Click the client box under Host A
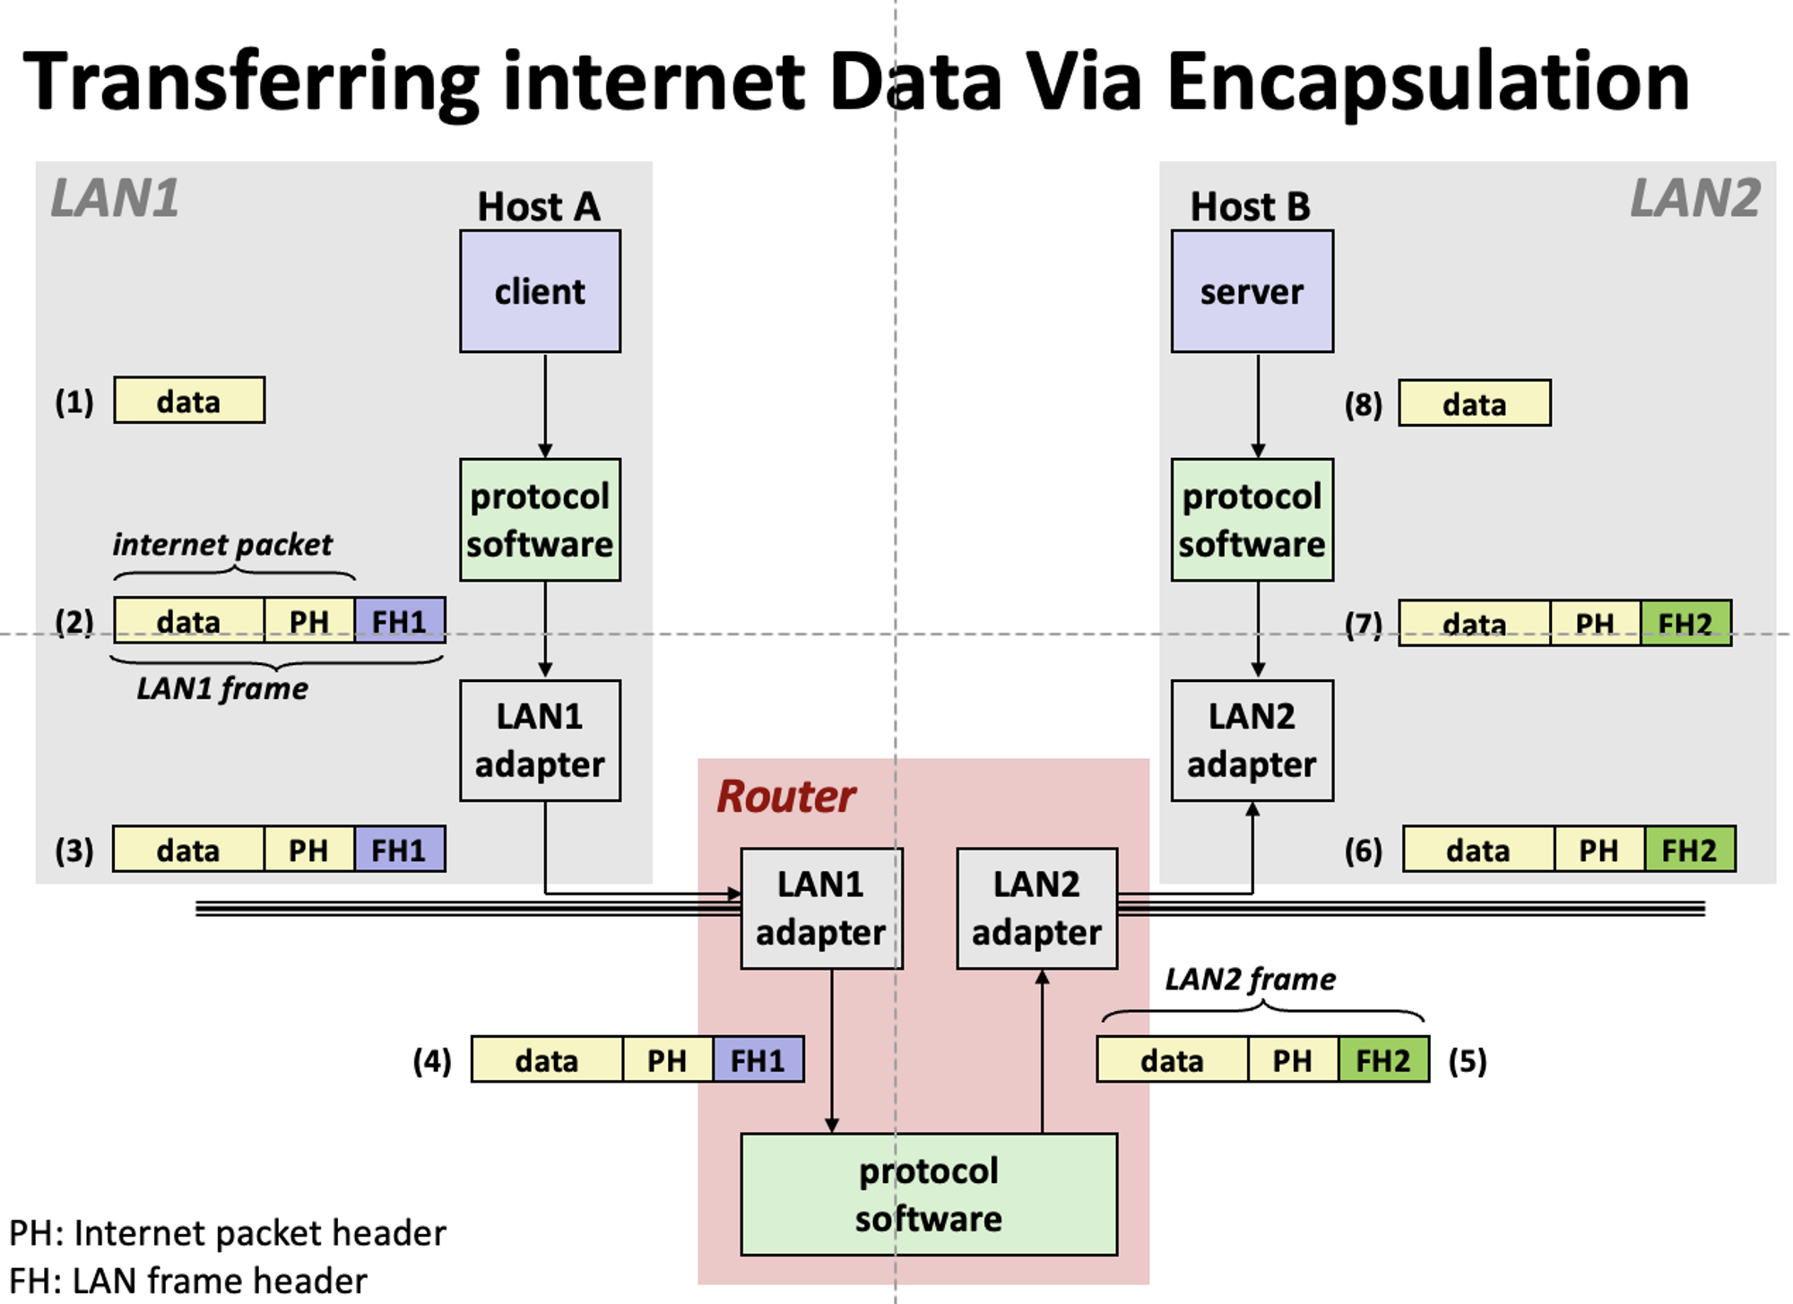pyautogui.click(x=540, y=291)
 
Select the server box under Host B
pyautogui.click(x=1252, y=291)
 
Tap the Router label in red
pyautogui.click(x=785, y=796)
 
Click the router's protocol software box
pyautogui.click(x=929, y=1194)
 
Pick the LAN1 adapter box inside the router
pyautogui.click(x=821, y=908)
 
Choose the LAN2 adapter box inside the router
pyautogui.click(x=1037, y=908)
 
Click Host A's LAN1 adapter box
pyautogui.click(x=540, y=740)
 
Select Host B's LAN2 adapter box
pyautogui.click(x=1252, y=740)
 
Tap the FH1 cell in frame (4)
pyautogui.click(x=758, y=1060)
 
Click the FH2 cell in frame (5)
pyautogui.click(x=1383, y=1060)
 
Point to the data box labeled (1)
pyautogui.click(x=188, y=401)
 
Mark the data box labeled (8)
pyautogui.click(x=1474, y=403)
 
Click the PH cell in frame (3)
pyautogui.click(x=308, y=850)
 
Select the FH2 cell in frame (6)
pyautogui.click(x=1689, y=850)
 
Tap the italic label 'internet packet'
pyautogui.click(x=222, y=544)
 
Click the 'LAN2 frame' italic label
pyautogui.click(x=1250, y=979)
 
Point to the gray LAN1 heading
pyautogui.click(x=115, y=197)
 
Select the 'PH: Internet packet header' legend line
pyautogui.click(x=228, y=1233)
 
